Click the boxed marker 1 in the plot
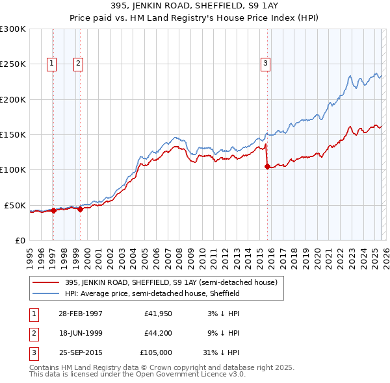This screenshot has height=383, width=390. (51, 64)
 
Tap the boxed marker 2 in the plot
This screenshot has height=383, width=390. (77, 64)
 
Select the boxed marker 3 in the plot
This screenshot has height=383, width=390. (266, 64)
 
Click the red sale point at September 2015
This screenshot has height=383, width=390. (267, 167)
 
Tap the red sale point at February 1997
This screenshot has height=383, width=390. (54, 210)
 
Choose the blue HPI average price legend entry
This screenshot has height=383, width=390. (152, 293)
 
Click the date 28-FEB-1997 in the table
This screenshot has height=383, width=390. (81, 313)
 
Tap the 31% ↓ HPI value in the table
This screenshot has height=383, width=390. (221, 354)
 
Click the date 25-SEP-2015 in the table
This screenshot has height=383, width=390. (81, 354)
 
